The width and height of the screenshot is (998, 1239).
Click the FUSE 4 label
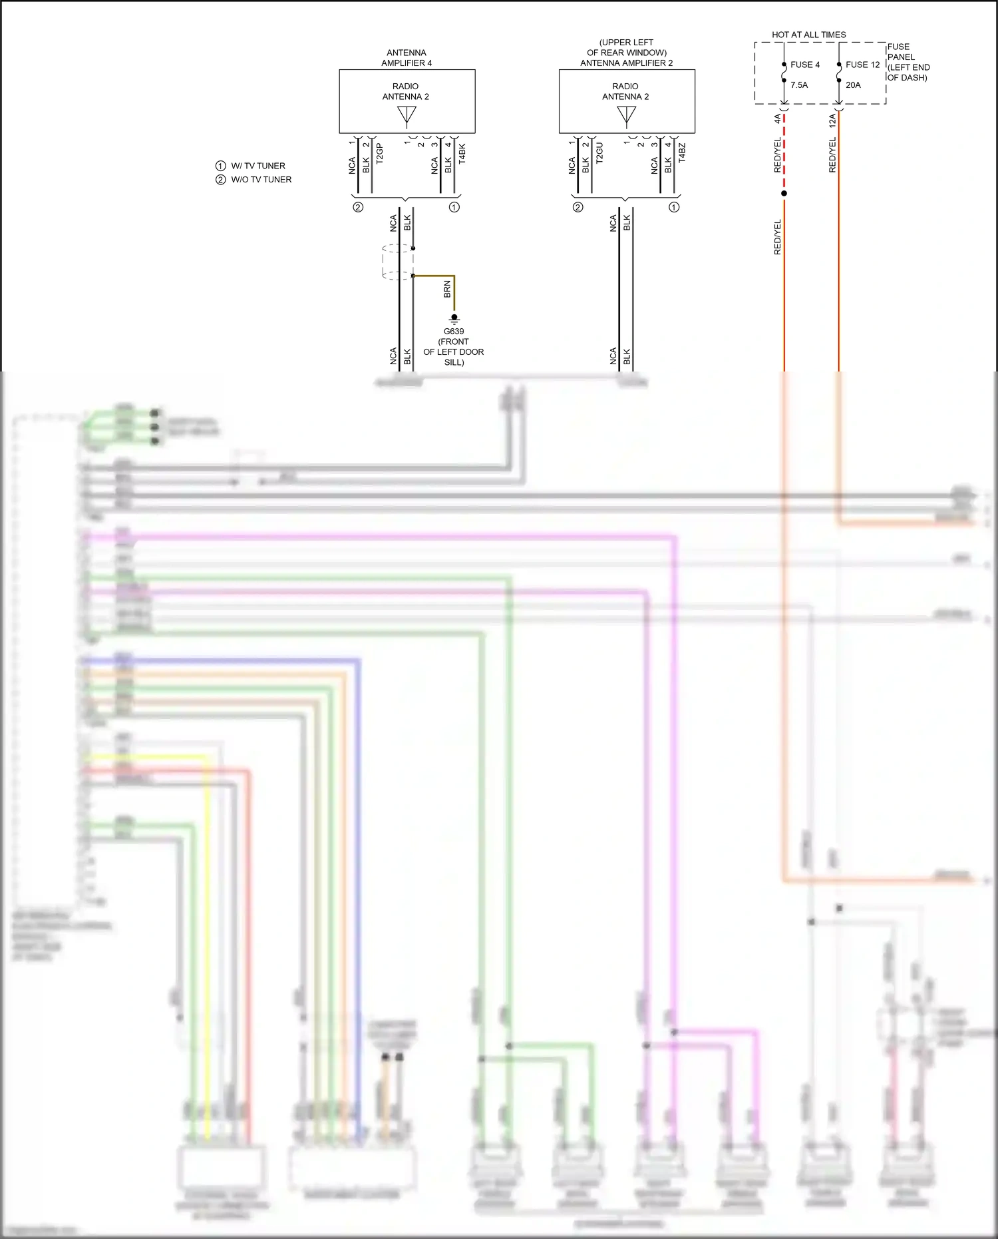[x=804, y=65]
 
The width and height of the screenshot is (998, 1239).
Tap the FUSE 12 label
[x=862, y=65]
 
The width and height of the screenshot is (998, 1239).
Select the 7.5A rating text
[x=799, y=85]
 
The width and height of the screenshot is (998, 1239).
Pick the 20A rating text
[x=853, y=85]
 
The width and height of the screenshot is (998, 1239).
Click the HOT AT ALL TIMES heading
[x=808, y=35]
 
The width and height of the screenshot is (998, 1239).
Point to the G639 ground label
[x=454, y=332]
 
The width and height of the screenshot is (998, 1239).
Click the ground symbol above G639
[x=454, y=318]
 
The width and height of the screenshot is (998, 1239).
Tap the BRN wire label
[x=447, y=289]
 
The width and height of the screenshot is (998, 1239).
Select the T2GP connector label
[x=380, y=154]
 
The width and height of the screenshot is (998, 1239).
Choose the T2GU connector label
[x=599, y=153]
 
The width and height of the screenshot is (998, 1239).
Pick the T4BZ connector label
[x=682, y=153]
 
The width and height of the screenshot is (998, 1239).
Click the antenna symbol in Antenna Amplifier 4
[x=407, y=116]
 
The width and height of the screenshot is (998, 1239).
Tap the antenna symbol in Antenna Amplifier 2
[x=627, y=116]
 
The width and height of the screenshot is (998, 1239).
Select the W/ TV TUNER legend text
[x=258, y=166]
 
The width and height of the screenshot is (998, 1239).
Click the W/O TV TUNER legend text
[x=261, y=180]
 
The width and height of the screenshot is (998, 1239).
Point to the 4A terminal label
[x=777, y=119]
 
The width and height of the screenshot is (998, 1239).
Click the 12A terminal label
[x=832, y=121]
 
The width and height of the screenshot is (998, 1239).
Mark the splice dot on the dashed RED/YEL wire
[x=784, y=194]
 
